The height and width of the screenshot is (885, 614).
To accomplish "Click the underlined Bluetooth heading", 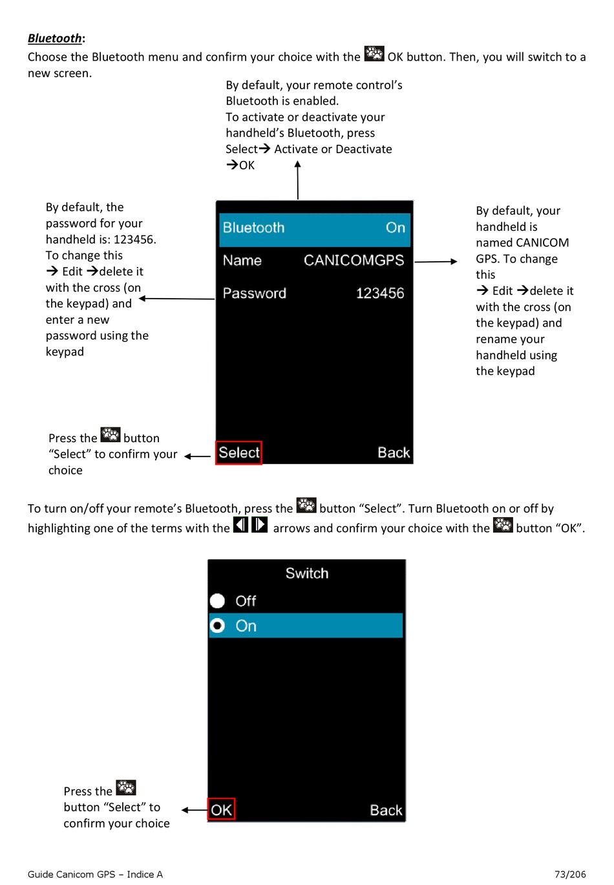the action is pyautogui.click(x=55, y=38).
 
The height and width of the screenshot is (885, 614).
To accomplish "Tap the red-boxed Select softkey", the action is pyautogui.click(x=239, y=453).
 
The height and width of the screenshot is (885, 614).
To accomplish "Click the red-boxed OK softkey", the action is pyautogui.click(x=221, y=810).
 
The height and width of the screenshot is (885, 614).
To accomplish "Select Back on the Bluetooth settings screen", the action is pyautogui.click(x=394, y=453).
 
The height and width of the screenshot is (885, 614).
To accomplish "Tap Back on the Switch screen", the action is pyautogui.click(x=386, y=810).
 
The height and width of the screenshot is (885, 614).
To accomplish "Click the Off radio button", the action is pyautogui.click(x=218, y=601).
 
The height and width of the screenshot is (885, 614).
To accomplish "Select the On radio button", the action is pyautogui.click(x=218, y=626).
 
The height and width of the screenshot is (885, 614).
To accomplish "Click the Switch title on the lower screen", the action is pyautogui.click(x=307, y=573).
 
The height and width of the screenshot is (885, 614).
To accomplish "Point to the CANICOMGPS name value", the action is pyautogui.click(x=354, y=261).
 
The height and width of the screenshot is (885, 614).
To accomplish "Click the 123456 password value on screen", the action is pyautogui.click(x=380, y=293).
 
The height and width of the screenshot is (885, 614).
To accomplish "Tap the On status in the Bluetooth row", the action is pyautogui.click(x=396, y=228).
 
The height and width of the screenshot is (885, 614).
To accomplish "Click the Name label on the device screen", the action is pyautogui.click(x=242, y=261).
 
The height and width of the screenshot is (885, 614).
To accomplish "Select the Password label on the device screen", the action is pyautogui.click(x=255, y=293).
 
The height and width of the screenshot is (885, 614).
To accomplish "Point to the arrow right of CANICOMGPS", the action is pyautogui.click(x=436, y=262).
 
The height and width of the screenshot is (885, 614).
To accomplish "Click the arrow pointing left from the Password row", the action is pyautogui.click(x=176, y=299).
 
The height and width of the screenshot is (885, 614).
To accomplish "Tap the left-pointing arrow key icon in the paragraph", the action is pyautogui.click(x=240, y=525).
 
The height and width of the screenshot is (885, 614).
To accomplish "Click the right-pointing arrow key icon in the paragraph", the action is pyautogui.click(x=259, y=525).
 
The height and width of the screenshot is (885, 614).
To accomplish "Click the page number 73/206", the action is pyautogui.click(x=570, y=874).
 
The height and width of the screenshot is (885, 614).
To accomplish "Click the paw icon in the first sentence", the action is pyautogui.click(x=374, y=54).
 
